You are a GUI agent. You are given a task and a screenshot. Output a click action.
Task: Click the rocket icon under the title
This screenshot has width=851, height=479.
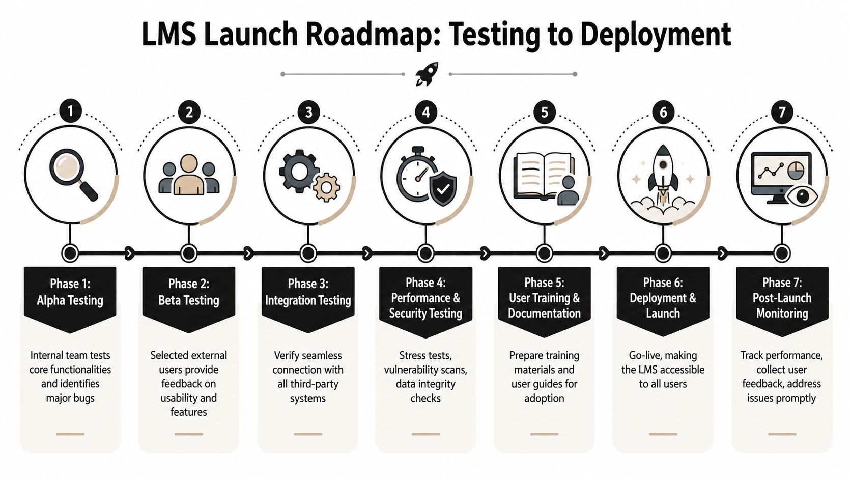click(427, 74)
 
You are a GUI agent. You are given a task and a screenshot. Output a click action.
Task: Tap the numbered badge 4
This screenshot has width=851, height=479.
click(426, 112)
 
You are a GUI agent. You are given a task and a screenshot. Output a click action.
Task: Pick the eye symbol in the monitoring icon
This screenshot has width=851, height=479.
click(802, 196)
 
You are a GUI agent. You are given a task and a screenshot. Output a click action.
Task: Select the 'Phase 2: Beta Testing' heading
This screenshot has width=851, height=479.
click(189, 292)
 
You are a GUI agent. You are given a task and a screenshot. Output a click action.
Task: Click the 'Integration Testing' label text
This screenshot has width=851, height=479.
click(308, 300)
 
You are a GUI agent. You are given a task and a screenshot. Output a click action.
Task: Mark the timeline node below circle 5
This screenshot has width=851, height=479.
click(545, 253)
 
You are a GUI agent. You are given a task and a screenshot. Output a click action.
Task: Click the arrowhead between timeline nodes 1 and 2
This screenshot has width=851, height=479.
click(130, 253)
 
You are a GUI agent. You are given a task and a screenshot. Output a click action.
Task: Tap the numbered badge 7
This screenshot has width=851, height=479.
click(782, 112)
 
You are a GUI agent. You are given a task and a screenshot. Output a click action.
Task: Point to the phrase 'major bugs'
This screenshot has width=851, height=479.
click(70, 398)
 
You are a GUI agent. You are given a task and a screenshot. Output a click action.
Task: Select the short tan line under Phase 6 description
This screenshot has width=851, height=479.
click(663, 434)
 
